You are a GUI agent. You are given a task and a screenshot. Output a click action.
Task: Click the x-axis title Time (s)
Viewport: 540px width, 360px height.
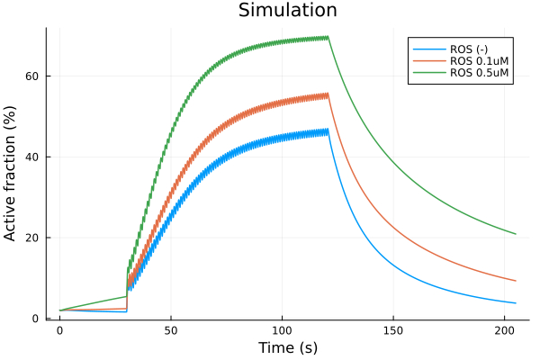click(x=287, y=347)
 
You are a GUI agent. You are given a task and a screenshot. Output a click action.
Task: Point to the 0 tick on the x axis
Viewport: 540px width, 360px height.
click(x=59, y=331)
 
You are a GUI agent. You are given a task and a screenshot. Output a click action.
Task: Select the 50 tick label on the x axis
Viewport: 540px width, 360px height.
click(x=171, y=331)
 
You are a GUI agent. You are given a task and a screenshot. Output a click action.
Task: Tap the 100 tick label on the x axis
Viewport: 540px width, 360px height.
click(x=283, y=331)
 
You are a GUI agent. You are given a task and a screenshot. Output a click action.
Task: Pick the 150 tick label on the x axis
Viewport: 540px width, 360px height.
click(x=393, y=331)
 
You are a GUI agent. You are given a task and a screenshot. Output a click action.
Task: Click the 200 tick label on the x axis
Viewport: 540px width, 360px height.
click(x=505, y=331)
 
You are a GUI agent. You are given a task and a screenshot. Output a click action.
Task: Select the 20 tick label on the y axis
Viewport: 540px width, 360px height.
click(x=33, y=238)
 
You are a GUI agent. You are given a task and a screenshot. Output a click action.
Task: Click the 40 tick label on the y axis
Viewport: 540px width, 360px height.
click(x=33, y=157)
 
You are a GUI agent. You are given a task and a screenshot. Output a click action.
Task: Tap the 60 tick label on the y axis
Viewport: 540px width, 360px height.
click(x=33, y=76)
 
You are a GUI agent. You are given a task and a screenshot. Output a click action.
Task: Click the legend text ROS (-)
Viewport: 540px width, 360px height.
click(x=469, y=48)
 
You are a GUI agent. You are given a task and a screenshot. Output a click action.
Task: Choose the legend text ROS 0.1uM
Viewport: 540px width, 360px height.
click(x=479, y=61)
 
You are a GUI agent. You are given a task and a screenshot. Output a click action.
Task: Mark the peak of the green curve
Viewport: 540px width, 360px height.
click(x=328, y=36)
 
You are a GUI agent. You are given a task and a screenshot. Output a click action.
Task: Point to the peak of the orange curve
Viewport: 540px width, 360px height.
click(x=328, y=93)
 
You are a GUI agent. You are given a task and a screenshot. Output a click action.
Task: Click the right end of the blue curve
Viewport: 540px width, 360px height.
click(x=516, y=303)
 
